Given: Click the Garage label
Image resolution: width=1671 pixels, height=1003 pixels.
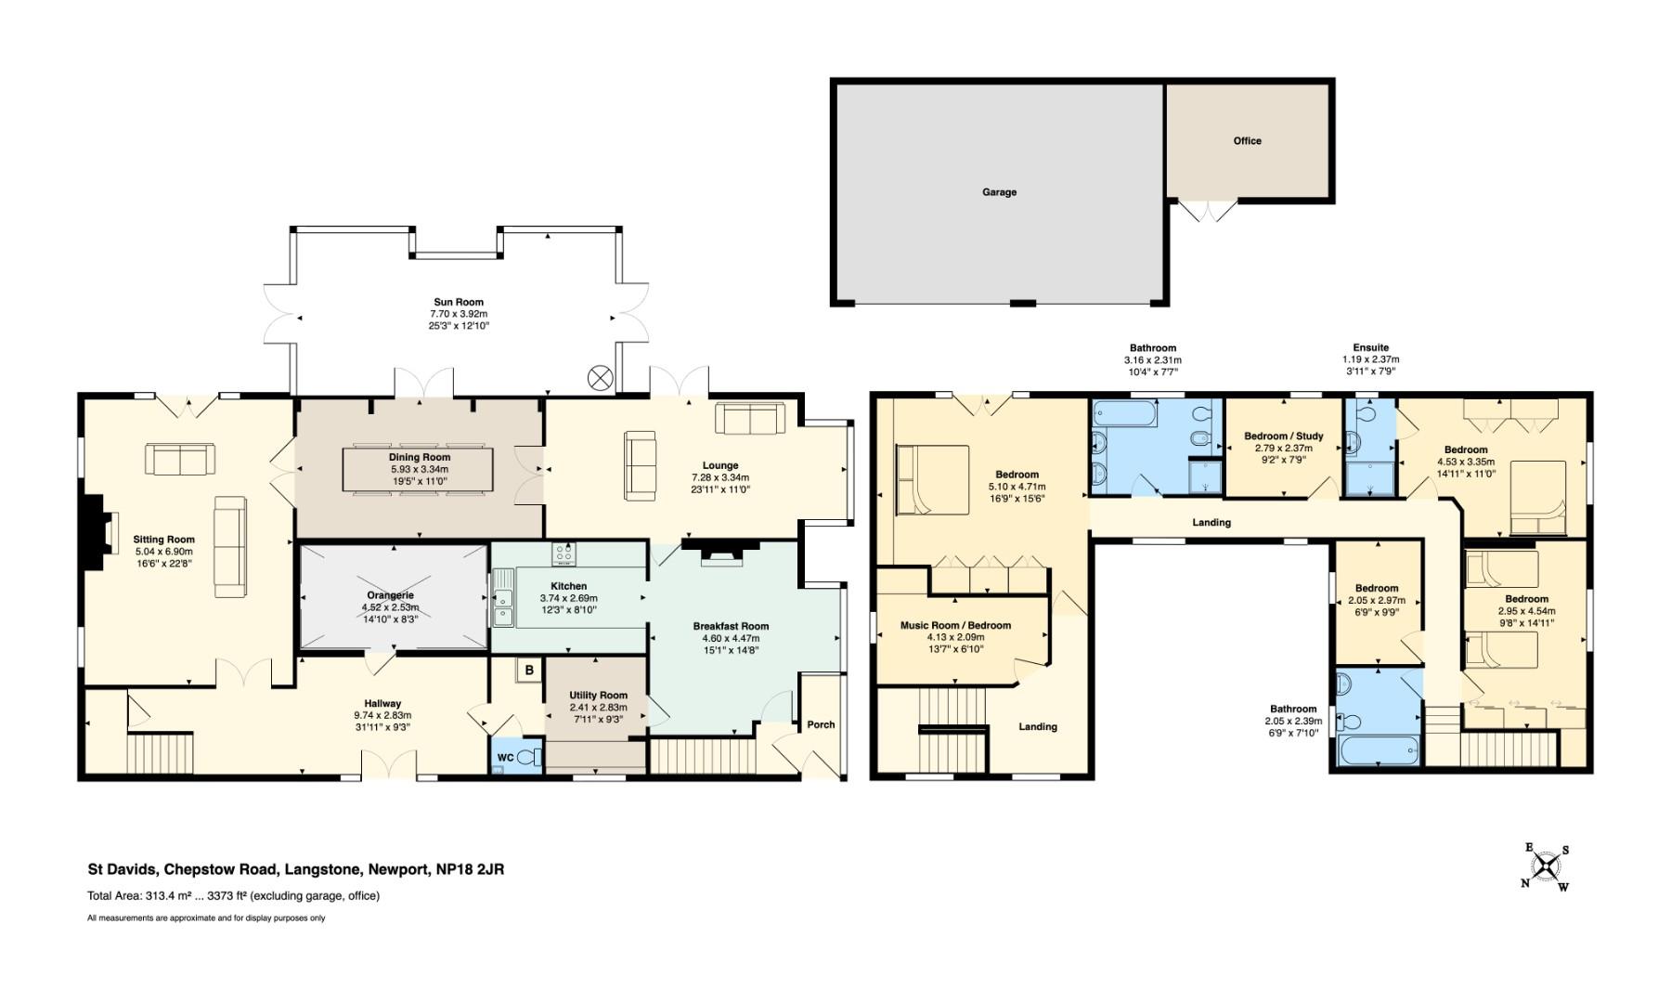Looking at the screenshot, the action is (999, 192).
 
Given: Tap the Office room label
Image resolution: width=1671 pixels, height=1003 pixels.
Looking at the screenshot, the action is (1247, 141).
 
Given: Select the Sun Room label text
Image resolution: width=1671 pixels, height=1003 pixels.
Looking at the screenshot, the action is (459, 302).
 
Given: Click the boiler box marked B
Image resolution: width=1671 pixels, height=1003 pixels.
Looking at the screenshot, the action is (529, 670).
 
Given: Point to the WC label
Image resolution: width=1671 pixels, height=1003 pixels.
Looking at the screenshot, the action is (506, 758).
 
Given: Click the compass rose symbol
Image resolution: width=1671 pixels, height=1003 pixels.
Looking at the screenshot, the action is (1546, 866).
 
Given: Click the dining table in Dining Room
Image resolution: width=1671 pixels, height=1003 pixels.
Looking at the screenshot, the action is (420, 470).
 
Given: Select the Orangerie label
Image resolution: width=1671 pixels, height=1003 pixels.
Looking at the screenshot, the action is (391, 595).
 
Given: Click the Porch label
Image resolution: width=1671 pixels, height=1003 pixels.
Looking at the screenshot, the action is (821, 724).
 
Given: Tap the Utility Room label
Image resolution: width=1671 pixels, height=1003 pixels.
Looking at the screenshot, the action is (599, 696).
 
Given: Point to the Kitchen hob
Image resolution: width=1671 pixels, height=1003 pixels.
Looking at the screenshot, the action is (563, 555).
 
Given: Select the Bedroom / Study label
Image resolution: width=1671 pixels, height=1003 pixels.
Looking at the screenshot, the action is (1284, 436).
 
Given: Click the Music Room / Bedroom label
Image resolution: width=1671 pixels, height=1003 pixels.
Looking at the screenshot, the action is (955, 625).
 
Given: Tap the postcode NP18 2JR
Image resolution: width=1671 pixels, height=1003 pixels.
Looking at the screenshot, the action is (471, 870).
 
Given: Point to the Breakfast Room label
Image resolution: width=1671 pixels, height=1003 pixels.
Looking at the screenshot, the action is (732, 626).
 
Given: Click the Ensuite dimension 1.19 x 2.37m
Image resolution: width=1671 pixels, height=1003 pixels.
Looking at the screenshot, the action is (1370, 359).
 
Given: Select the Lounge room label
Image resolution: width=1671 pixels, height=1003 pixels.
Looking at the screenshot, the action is (720, 465).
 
